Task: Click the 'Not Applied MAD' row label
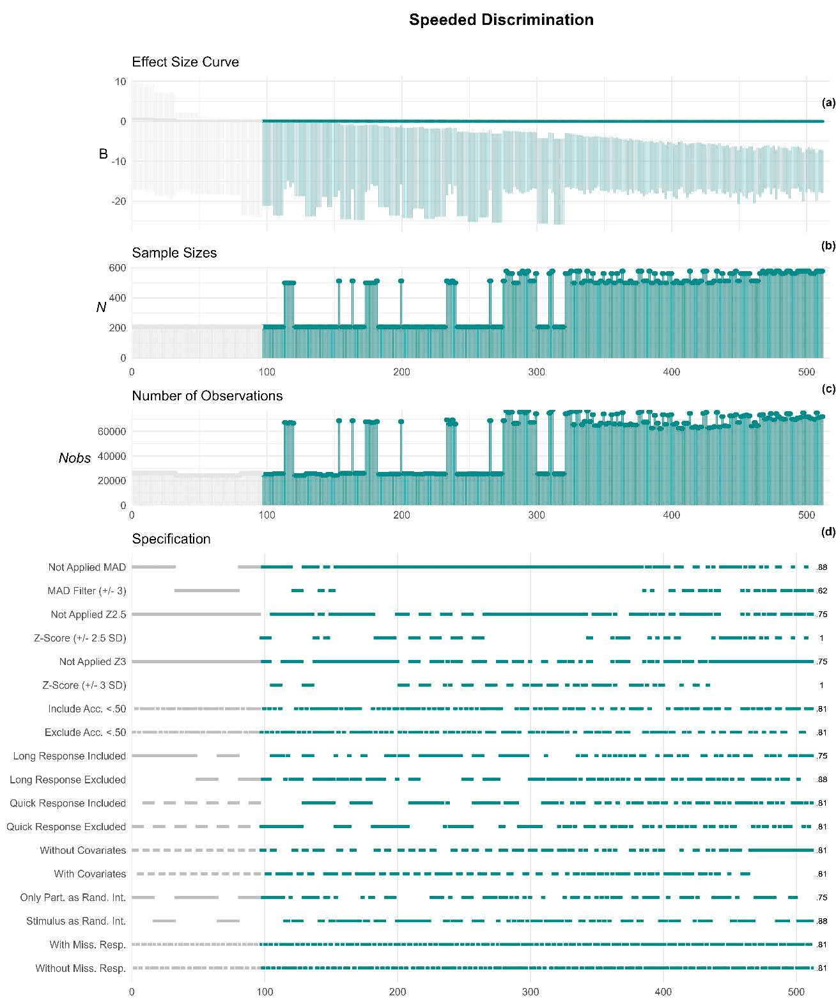click(87, 567)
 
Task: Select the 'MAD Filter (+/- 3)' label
click(86, 591)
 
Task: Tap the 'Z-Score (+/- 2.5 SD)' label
click(80, 638)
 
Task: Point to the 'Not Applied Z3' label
click(93, 662)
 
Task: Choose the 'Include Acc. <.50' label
click(87, 709)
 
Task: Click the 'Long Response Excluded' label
click(68, 780)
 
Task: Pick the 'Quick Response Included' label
click(68, 803)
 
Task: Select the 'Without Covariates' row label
click(83, 851)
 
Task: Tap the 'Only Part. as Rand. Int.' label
click(73, 898)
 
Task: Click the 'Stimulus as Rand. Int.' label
click(76, 922)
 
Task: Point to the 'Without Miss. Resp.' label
click(81, 968)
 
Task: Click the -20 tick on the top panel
click(119, 201)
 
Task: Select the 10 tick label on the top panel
click(121, 82)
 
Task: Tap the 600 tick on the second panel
click(118, 268)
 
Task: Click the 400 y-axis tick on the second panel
click(118, 298)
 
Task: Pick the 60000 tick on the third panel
click(112, 432)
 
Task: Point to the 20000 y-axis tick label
click(112, 481)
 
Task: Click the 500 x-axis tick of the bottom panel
click(796, 992)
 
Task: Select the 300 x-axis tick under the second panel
click(537, 372)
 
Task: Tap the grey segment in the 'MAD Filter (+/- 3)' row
click(206, 590)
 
